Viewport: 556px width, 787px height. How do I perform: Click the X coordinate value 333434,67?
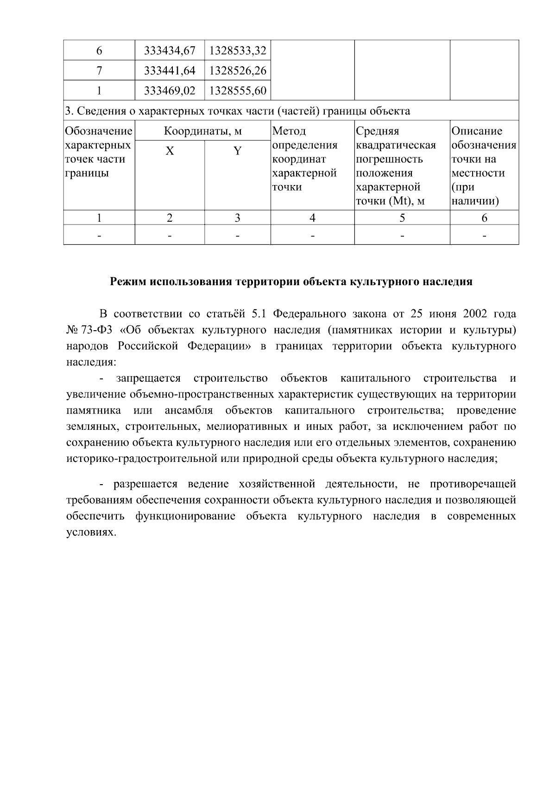point(170,50)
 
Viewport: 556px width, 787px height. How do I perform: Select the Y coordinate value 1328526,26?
point(238,70)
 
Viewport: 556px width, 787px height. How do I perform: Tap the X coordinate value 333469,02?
point(170,90)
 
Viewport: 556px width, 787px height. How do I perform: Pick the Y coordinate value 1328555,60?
point(238,90)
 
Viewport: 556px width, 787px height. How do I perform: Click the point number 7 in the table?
point(99,70)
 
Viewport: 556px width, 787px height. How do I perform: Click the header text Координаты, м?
point(203,131)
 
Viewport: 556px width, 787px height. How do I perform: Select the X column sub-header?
point(170,151)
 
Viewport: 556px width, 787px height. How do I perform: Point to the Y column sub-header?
point(237,151)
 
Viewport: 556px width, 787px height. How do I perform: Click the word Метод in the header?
point(290,131)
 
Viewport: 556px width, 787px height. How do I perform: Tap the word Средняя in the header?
point(377,131)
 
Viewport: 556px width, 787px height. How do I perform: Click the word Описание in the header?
point(477,131)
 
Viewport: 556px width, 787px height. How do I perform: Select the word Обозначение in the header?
point(99,131)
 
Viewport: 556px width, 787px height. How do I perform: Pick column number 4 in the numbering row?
point(312,218)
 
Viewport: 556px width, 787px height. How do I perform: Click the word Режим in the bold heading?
point(128,282)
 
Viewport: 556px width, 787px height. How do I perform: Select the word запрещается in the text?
point(148,378)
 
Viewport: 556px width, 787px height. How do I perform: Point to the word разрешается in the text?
point(145,485)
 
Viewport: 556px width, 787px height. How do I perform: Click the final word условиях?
point(90,533)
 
